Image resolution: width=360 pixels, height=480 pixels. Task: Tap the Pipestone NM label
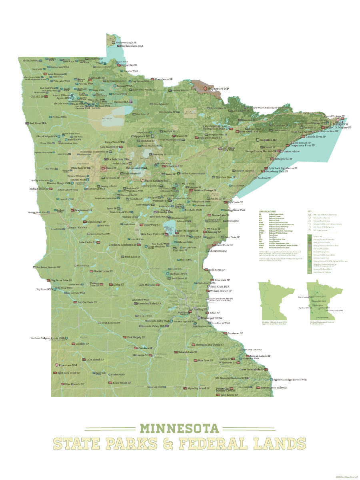click(x=68, y=365)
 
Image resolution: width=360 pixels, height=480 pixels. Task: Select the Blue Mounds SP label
click(x=74, y=384)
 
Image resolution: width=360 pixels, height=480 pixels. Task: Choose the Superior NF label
click(x=269, y=140)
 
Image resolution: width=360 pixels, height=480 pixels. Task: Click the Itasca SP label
click(x=112, y=168)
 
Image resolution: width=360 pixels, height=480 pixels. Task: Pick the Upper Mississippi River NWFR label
click(x=290, y=379)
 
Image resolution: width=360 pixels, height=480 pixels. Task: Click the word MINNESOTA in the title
click(x=180, y=428)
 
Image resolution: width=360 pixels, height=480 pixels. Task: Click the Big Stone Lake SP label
click(x=62, y=280)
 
